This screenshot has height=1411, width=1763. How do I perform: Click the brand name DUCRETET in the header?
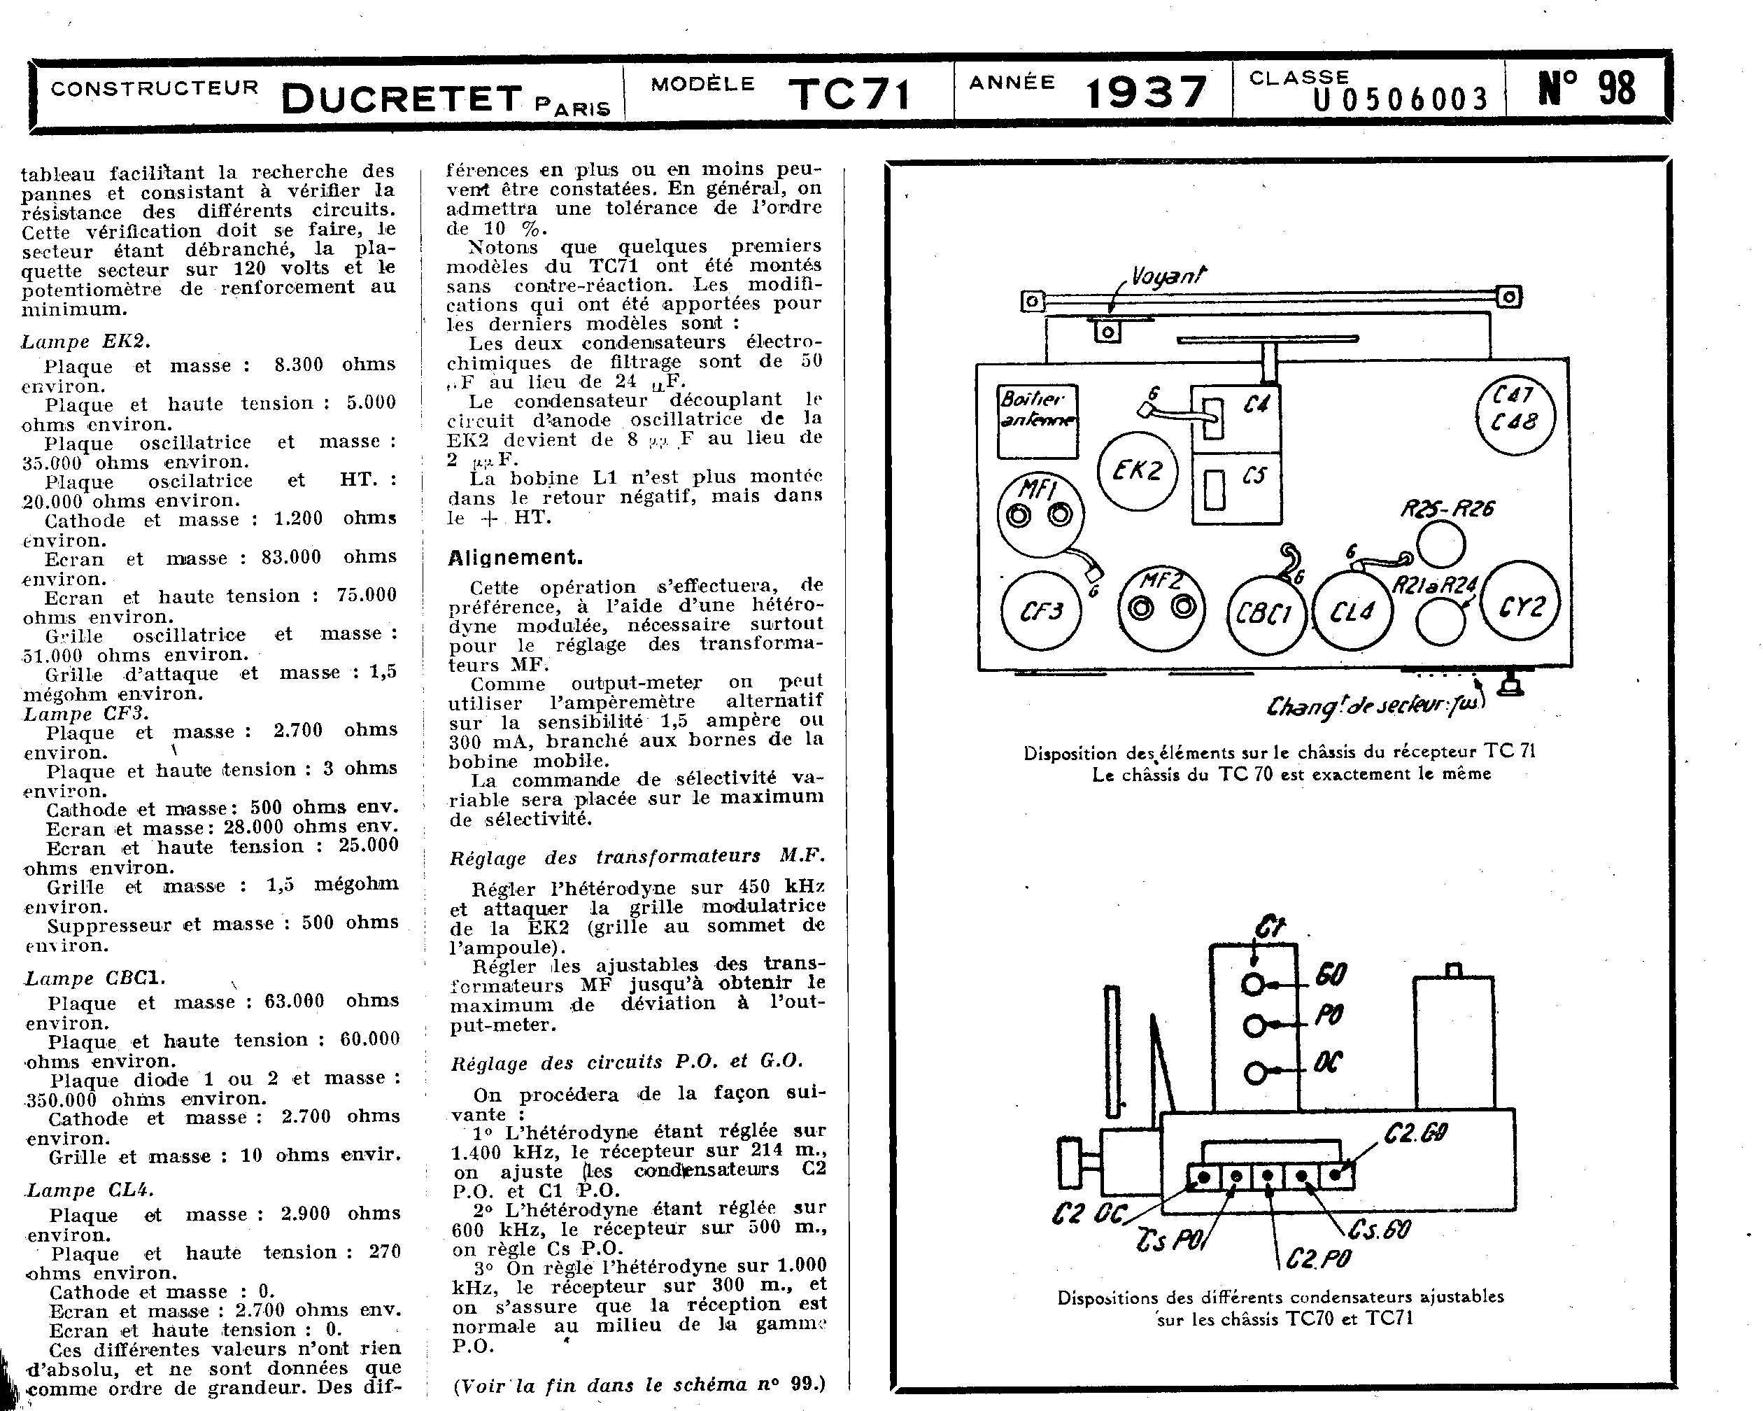402,99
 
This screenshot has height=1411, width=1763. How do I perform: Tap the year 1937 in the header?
1146,92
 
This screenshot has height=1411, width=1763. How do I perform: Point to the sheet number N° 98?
1587,88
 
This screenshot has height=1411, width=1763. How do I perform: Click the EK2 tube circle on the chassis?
1137,471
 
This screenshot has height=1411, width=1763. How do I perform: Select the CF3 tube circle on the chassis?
1041,611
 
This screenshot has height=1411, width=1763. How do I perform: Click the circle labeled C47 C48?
1515,416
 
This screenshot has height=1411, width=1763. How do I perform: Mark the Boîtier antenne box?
1037,421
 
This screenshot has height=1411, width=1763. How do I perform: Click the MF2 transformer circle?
1161,607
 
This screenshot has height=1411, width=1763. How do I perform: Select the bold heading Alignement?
515,558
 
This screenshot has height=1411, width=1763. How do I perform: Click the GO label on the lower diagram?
1331,975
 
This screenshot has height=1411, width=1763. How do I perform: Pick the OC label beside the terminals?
1327,1063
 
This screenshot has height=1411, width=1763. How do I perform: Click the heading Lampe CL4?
90,1190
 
